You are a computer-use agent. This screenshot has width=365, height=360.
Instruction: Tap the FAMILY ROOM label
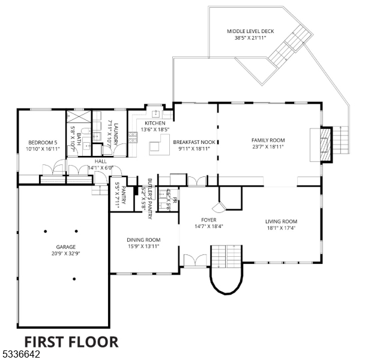(268, 140)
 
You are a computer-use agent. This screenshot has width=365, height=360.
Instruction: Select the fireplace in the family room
(324, 145)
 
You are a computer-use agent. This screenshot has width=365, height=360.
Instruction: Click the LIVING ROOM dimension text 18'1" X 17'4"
(282, 227)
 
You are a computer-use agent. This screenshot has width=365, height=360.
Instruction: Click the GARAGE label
(65, 247)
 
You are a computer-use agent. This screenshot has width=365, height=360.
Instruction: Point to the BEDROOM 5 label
(39, 143)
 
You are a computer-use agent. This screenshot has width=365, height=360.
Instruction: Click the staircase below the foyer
(225, 257)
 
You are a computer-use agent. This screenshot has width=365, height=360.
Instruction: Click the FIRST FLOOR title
(67, 342)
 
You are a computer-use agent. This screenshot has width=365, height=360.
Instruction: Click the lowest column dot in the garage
(74, 278)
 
